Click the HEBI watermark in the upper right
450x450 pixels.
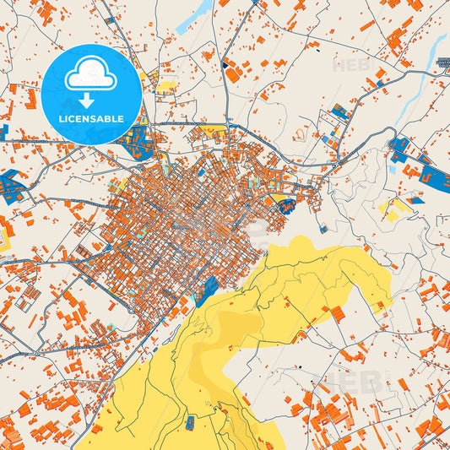[x=354, y=64]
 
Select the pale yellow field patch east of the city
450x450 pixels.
[x=393, y=207]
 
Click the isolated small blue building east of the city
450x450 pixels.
[x=323, y=228]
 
